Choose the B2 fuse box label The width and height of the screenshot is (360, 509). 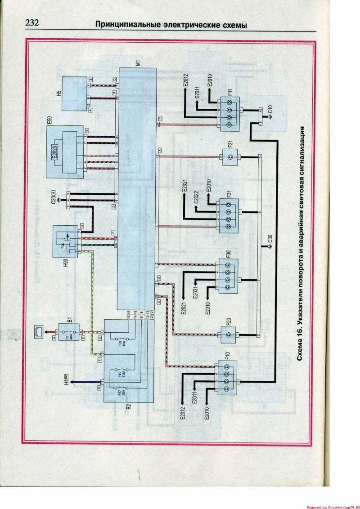point(115,407)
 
